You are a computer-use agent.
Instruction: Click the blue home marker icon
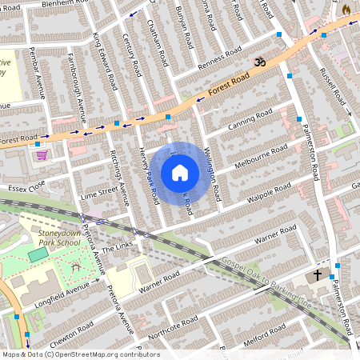coord(180,172)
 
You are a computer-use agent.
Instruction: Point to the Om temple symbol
coord(259,62)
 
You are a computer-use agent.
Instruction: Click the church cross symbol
coord(317,275)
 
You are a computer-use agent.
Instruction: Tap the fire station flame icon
coord(346,8)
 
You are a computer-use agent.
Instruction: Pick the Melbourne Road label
coord(261,158)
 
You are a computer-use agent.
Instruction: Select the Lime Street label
coord(98,194)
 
